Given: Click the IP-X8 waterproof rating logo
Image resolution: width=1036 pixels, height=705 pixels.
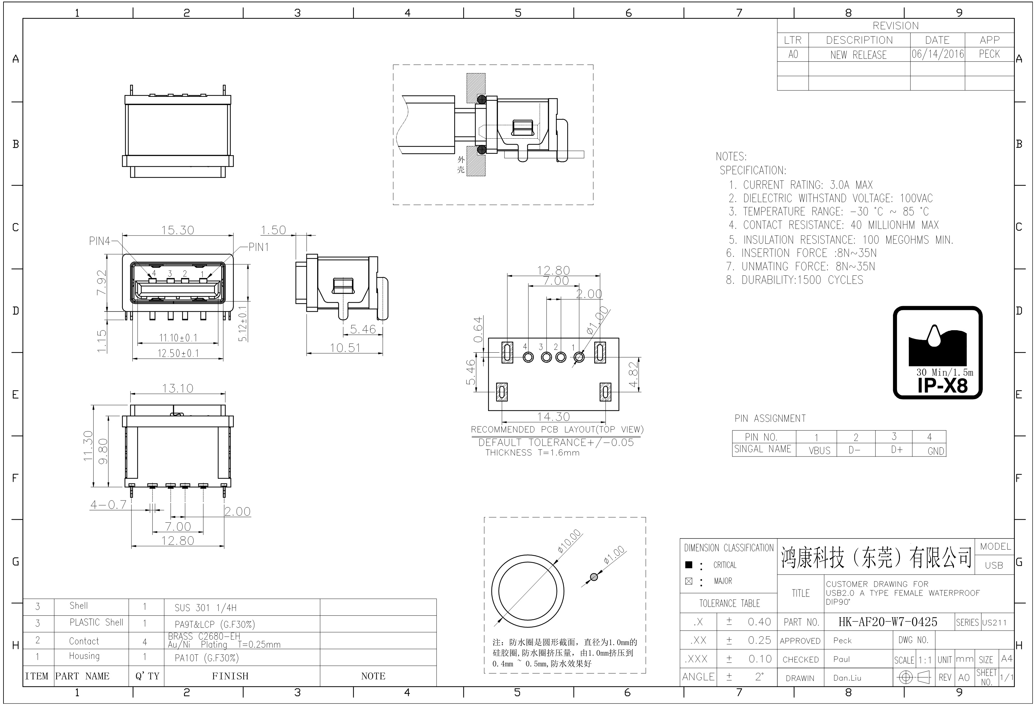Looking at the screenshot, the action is (x=938, y=352).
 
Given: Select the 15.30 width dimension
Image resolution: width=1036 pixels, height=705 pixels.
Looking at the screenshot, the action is (x=178, y=230).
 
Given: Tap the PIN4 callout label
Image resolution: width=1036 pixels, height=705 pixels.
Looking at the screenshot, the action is (x=99, y=241).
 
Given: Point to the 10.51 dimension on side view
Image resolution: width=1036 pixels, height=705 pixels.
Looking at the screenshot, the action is (x=345, y=348).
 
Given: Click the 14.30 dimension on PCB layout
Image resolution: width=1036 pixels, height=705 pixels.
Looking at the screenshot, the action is (x=553, y=417).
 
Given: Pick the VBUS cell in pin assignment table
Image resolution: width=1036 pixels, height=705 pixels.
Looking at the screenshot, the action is (x=819, y=450).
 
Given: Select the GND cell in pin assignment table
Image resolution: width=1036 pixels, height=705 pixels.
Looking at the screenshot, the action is (x=936, y=451).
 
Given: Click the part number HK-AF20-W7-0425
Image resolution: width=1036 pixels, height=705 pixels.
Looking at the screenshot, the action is (x=888, y=622).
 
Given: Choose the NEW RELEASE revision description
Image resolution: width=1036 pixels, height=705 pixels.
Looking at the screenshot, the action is (x=858, y=55).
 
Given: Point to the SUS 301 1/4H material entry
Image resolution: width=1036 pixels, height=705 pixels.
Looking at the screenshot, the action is (x=205, y=607).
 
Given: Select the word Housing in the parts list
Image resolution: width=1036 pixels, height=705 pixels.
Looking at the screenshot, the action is (x=84, y=656).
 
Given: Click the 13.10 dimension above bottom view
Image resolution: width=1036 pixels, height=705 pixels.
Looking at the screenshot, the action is (x=178, y=388).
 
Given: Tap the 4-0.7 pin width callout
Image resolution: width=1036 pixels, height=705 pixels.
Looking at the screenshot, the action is (x=108, y=505).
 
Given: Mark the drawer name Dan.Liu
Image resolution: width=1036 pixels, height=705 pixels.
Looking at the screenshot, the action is (x=847, y=678).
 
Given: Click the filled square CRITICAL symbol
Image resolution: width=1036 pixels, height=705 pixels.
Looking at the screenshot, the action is (x=689, y=564).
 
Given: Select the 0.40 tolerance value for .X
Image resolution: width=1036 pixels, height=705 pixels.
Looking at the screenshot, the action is (x=759, y=622).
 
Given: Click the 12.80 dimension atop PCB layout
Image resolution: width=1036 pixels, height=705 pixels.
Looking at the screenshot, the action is (x=553, y=270).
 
